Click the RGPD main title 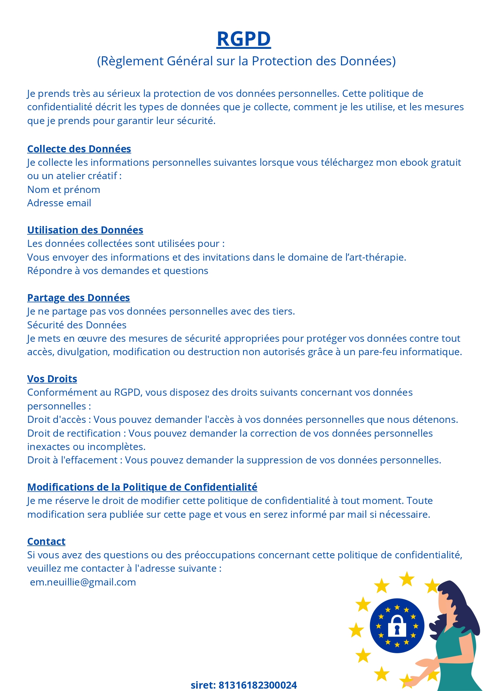click(x=243, y=39)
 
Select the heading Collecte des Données click(x=79, y=149)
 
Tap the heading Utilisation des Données click(x=85, y=230)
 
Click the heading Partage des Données click(x=78, y=298)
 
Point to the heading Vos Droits click(x=52, y=379)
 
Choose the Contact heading click(x=46, y=541)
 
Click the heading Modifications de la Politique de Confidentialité click(x=142, y=487)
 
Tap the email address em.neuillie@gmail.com click(x=83, y=582)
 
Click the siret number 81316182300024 click(x=257, y=685)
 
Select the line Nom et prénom click(x=64, y=189)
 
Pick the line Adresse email click(x=59, y=203)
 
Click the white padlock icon click(x=397, y=626)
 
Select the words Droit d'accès click(x=56, y=419)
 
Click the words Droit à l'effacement click(x=72, y=460)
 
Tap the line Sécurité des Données click(x=77, y=325)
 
